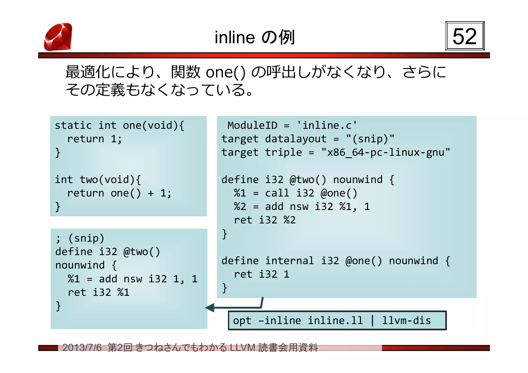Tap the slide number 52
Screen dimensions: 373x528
point(465,36)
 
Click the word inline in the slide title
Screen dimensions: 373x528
point(235,37)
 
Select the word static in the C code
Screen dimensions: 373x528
point(73,125)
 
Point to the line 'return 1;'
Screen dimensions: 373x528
point(94,139)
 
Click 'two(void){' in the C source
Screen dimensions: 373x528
point(110,180)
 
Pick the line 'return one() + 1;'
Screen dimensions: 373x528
point(119,193)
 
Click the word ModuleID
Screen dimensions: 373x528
point(252,125)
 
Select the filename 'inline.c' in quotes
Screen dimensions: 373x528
point(327,125)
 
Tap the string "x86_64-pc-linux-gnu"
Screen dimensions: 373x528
point(385,152)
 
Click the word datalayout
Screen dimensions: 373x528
point(296,139)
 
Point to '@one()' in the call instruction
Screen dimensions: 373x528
point(339,193)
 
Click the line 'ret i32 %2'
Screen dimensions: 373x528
point(265,220)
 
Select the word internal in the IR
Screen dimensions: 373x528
point(290,261)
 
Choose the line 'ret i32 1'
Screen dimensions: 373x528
point(261,274)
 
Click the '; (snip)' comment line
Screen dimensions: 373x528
point(80,238)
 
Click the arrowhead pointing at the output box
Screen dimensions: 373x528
point(210,308)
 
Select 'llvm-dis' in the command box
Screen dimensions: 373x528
point(406,321)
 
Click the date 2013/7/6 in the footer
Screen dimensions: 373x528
point(82,348)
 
